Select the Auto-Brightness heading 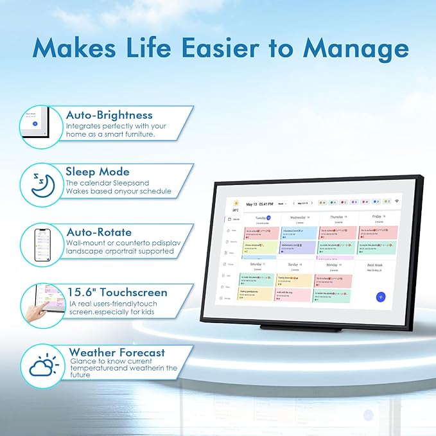coord(109,114)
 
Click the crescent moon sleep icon coord(37,184)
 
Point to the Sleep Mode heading coord(97,171)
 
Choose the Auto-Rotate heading coord(98,232)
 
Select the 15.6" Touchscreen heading coord(116,292)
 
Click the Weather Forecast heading coord(116,352)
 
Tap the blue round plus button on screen coord(381,297)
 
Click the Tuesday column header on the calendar coord(260,218)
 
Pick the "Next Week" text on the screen coord(375,265)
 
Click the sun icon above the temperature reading coord(236,203)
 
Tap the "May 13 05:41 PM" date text coord(259,204)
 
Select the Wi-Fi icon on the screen coord(397,202)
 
